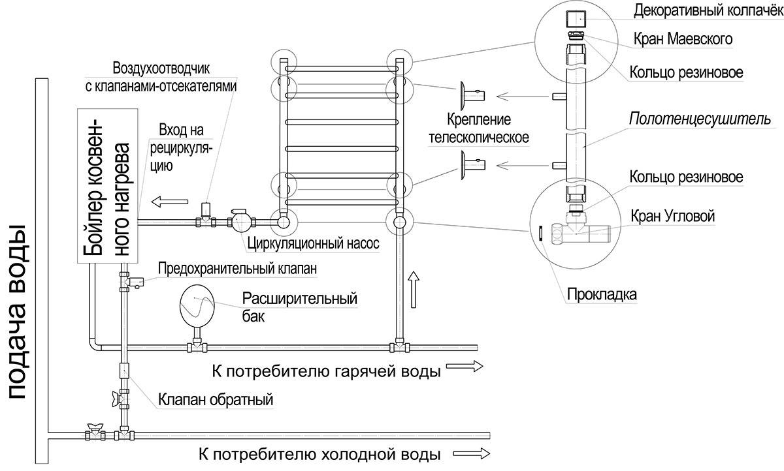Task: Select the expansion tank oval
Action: [x=197, y=306]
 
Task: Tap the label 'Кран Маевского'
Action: [x=683, y=38]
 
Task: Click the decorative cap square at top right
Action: [x=576, y=18]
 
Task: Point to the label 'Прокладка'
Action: [x=602, y=295]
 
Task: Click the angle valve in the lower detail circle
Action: [x=580, y=230]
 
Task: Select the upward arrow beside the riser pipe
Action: [x=414, y=289]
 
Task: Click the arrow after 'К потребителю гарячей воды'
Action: [x=465, y=366]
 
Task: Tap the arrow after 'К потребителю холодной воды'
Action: [x=472, y=454]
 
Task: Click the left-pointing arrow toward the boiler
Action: [x=170, y=202]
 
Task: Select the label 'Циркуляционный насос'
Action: [x=313, y=243]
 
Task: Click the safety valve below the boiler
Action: [x=135, y=282]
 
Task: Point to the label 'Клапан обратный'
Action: [x=216, y=400]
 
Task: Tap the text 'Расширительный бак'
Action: [x=300, y=307]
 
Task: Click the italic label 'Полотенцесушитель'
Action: [x=700, y=119]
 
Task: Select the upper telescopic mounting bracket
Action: [x=472, y=96]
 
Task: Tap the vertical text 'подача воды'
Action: [x=17, y=312]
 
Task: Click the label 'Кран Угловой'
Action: [x=672, y=217]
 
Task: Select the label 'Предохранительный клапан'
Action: [x=237, y=269]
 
